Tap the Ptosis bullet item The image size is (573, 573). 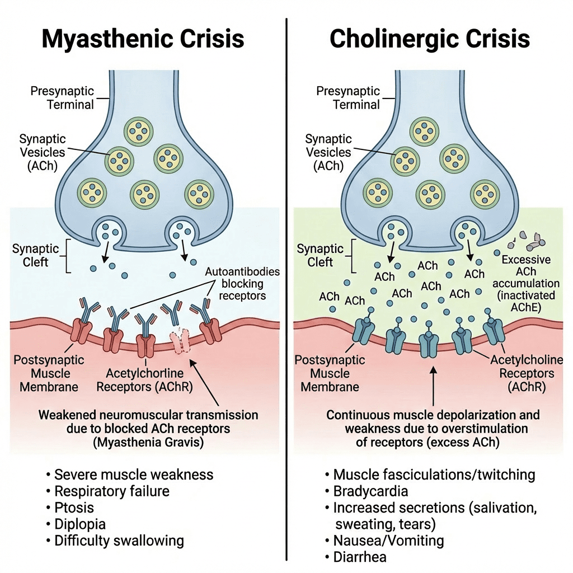(x=74, y=508)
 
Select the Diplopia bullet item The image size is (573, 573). (x=79, y=524)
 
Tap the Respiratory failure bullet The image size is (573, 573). (x=111, y=491)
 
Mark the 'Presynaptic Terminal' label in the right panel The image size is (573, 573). (x=356, y=98)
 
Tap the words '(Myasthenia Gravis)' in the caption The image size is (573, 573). (x=148, y=442)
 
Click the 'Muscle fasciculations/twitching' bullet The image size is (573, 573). (x=434, y=475)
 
